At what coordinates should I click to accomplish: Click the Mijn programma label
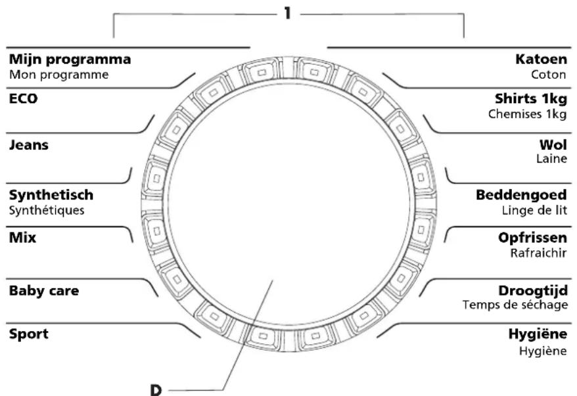tap(70, 60)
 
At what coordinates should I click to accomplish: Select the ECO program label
tap(24, 100)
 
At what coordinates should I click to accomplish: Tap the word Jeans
tap(28, 146)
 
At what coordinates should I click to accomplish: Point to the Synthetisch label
tap(51, 195)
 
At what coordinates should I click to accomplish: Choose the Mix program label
tap(22, 238)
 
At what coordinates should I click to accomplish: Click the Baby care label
tap(43, 290)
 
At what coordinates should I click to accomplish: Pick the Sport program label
tap(28, 334)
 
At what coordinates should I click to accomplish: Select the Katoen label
tap(541, 60)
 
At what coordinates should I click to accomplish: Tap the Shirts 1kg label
tap(530, 100)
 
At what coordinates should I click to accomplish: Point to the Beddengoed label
tap(522, 196)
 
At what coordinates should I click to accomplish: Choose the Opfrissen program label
tap(532, 238)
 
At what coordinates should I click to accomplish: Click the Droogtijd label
tap(532, 291)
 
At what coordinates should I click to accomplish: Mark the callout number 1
tap(287, 13)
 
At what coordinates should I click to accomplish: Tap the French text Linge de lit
tap(533, 211)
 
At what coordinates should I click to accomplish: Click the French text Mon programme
tap(58, 75)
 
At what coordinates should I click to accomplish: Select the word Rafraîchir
tap(538, 253)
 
